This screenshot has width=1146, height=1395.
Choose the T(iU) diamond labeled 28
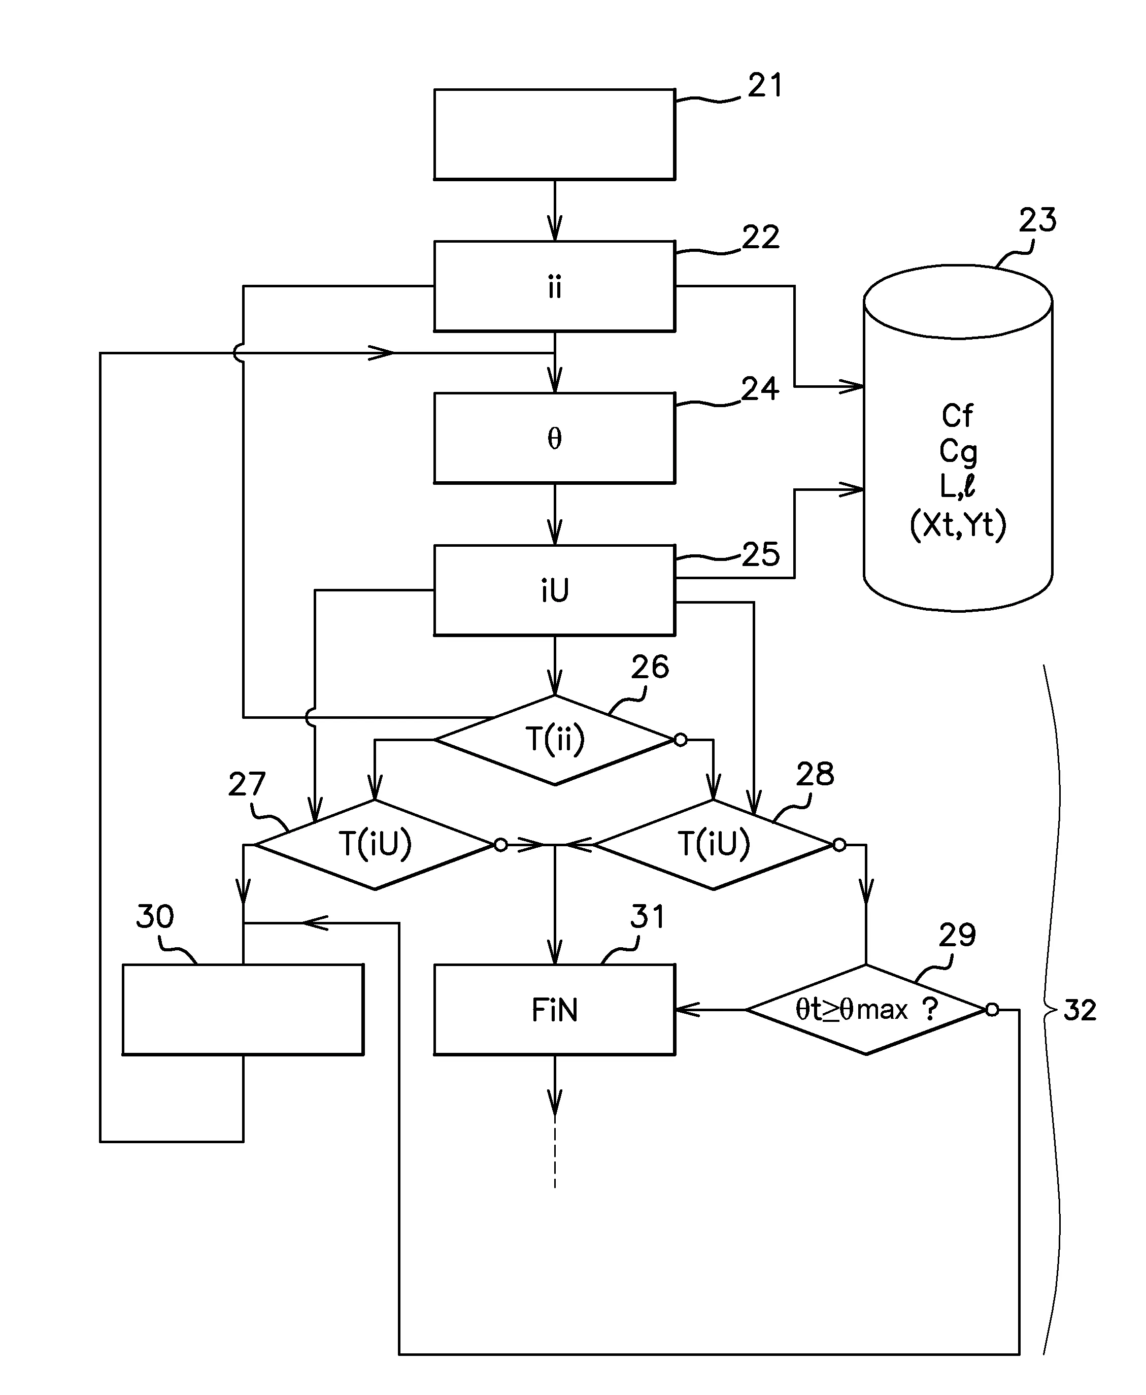(x=714, y=844)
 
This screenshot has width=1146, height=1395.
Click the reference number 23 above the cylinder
(x=1037, y=220)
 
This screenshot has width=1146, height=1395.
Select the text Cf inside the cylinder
(x=957, y=416)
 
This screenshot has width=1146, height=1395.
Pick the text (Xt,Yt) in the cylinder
(x=957, y=525)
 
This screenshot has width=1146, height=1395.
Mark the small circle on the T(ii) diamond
(x=681, y=740)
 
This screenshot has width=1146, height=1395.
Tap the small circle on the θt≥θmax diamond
(x=992, y=1009)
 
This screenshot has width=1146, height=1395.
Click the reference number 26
(x=650, y=668)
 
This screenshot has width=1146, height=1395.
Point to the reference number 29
(x=957, y=936)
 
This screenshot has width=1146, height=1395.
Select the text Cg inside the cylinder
(x=957, y=452)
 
